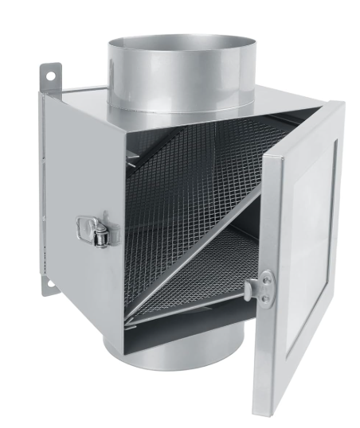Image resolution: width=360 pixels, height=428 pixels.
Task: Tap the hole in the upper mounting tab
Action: point(49,75)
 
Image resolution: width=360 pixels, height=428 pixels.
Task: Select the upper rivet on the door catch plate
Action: point(266,277)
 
